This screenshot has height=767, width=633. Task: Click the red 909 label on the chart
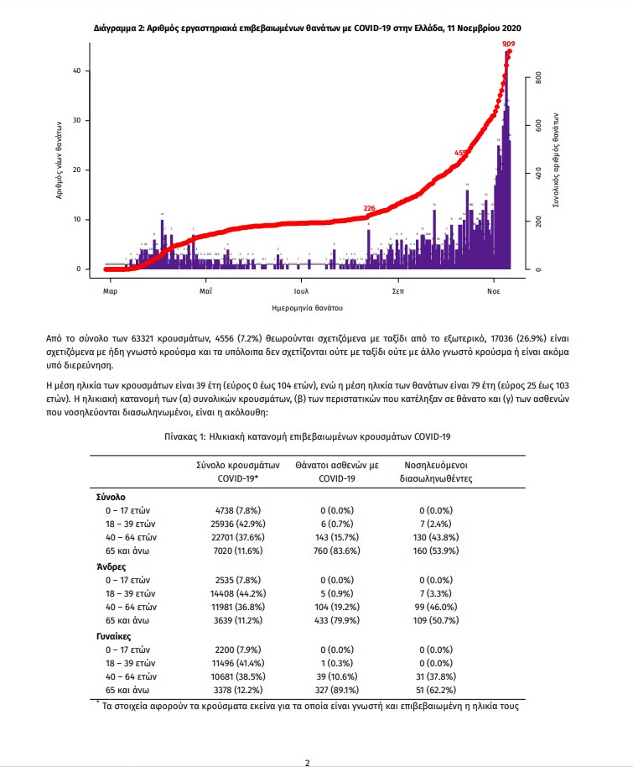[x=509, y=43]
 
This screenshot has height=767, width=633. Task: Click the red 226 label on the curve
[x=370, y=208]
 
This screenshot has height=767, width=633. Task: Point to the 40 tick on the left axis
[x=76, y=71]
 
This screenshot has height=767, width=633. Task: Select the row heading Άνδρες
[x=112, y=566]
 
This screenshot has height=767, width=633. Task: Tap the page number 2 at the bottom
[x=307, y=762]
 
